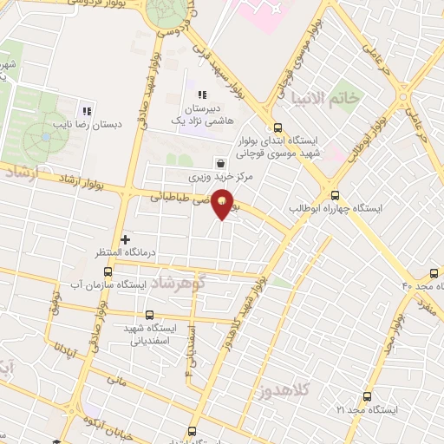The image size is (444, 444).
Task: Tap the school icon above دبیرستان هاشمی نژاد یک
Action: (202, 95)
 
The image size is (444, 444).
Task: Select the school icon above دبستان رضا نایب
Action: (86, 111)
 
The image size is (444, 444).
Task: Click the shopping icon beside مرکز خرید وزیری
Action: (220, 161)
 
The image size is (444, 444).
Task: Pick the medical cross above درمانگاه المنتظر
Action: (126, 238)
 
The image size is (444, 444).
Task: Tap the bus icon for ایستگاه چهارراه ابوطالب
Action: (336, 195)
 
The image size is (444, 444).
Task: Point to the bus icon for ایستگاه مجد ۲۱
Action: (368, 395)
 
